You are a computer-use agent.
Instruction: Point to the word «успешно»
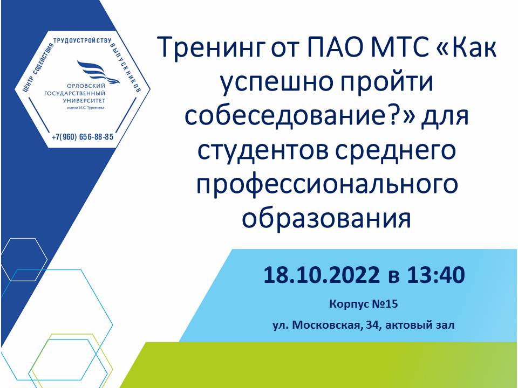277,83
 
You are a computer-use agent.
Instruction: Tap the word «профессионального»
327,185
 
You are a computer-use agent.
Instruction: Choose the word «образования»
326,217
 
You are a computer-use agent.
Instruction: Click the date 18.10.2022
322,275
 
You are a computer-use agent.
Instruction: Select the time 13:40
436,275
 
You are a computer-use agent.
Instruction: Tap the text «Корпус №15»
363,304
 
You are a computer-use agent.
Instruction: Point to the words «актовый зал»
420,325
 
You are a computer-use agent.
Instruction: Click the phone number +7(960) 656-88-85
83,137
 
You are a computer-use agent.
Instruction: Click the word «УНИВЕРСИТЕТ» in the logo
84,100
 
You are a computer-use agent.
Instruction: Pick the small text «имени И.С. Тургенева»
86,108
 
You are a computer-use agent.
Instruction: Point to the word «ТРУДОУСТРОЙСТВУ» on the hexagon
82,41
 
